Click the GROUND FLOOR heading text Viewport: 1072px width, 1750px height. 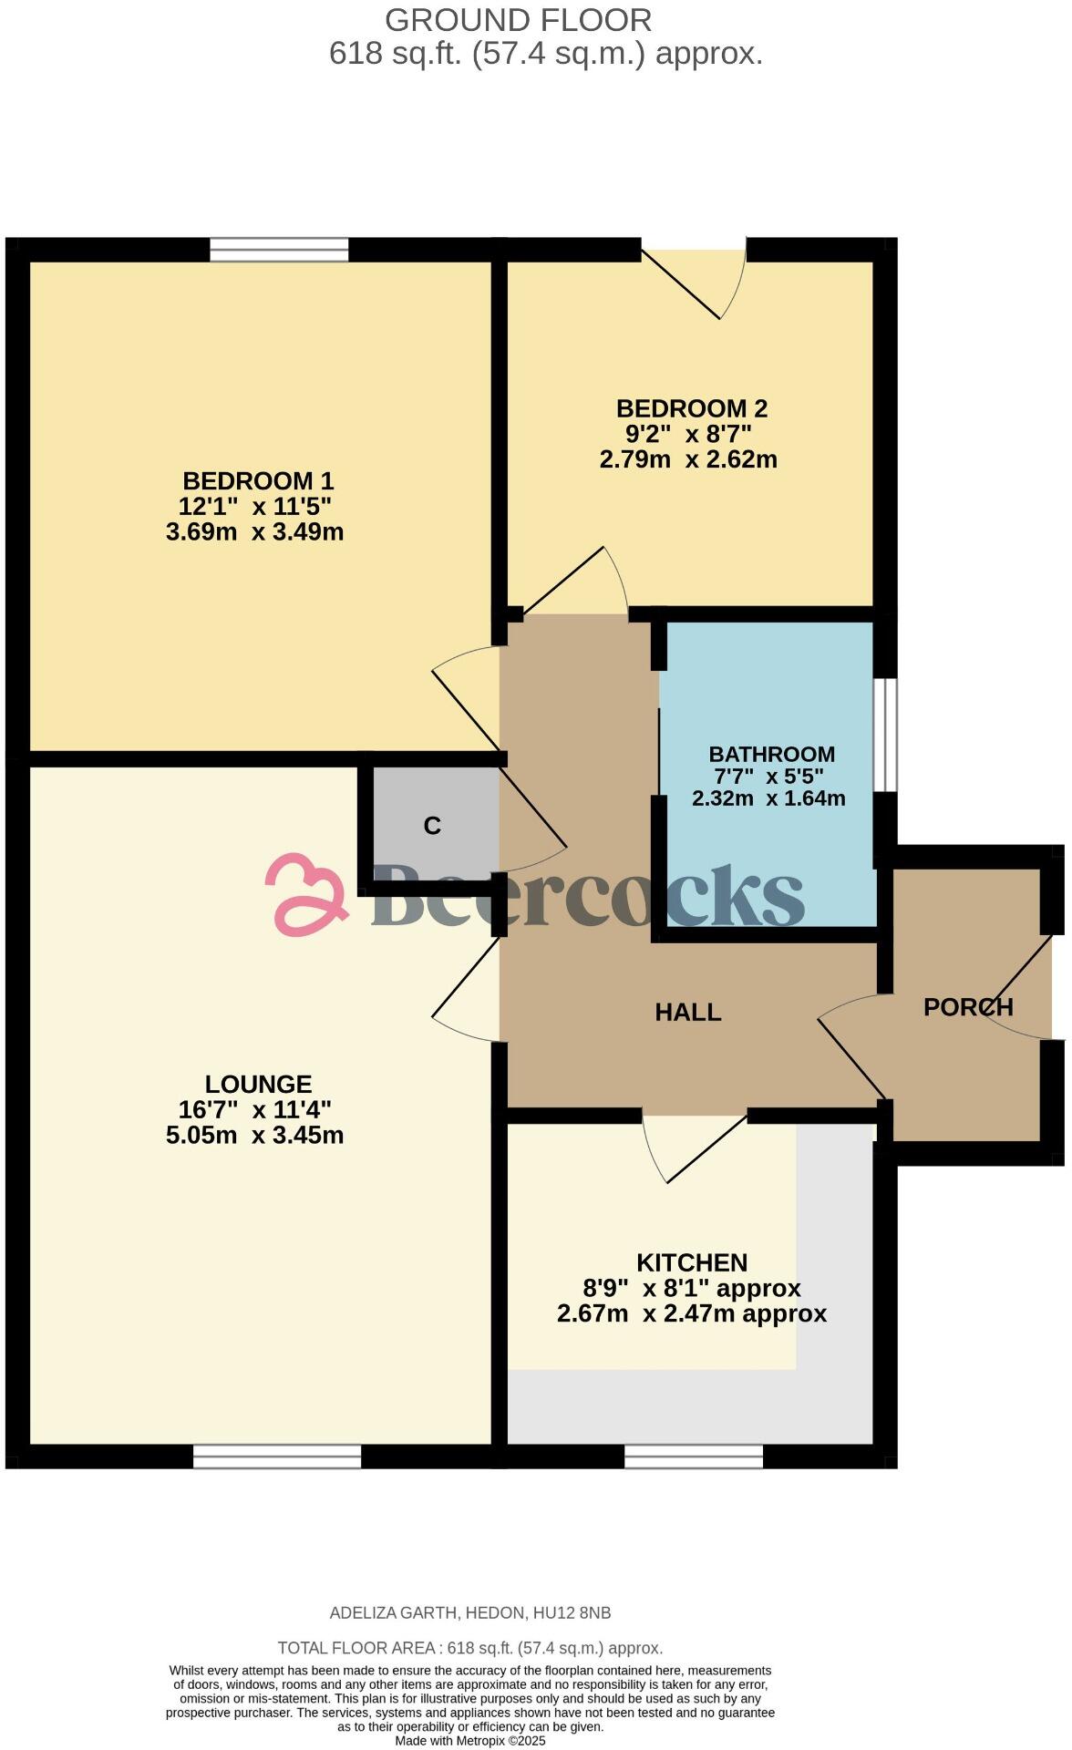(x=518, y=20)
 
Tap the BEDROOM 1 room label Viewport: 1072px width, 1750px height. (x=258, y=480)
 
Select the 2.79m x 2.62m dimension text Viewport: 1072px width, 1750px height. (x=688, y=458)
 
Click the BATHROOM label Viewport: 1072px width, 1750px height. (x=771, y=754)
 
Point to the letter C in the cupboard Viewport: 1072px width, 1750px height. (x=432, y=826)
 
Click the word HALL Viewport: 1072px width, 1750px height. (x=688, y=1012)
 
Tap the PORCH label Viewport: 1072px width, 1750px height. (x=968, y=1007)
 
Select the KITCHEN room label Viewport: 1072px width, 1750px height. (x=692, y=1262)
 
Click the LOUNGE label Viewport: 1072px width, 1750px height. (x=258, y=1084)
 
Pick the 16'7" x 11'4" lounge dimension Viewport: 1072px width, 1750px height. (x=255, y=1109)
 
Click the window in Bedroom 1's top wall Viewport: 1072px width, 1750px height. (x=279, y=249)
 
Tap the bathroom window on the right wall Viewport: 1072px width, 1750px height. (x=885, y=735)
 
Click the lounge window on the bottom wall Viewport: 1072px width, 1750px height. (x=277, y=1457)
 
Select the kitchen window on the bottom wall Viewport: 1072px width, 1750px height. (x=693, y=1457)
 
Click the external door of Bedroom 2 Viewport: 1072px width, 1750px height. (x=702, y=278)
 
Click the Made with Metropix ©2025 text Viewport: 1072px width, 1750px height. (x=469, y=1740)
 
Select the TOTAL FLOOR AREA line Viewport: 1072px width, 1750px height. (x=469, y=1648)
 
